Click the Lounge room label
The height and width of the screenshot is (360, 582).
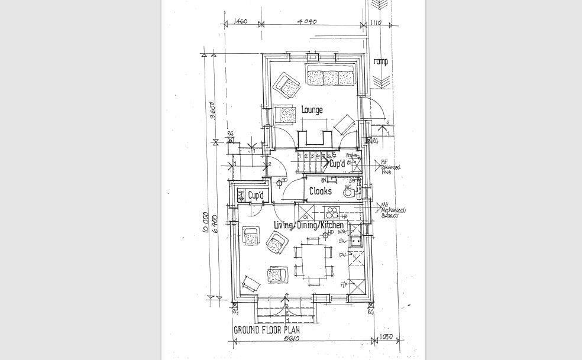click(x=312, y=110)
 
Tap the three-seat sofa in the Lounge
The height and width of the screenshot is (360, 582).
click(x=330, y=77)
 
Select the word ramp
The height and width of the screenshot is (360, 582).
click(x=381, y=61)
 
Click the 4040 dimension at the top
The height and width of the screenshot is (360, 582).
click(x=308, y=22)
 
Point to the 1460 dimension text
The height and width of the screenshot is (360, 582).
click(x=240, y=22)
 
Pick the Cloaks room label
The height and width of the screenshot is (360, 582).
click(x=320, y=192)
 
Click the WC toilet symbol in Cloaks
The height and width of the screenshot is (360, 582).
click(x=350, y=190)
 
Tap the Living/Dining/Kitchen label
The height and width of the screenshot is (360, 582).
click(x=308, y=225)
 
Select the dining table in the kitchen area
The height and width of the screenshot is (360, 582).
click(x=313, y=260)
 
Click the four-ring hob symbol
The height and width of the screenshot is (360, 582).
click(x=333, y=212)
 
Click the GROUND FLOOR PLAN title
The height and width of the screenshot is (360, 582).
click(x=267, y=330)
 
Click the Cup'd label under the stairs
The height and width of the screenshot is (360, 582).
click(x=337, y=164)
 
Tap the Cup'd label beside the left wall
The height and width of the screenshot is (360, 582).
click(x=256, y=196)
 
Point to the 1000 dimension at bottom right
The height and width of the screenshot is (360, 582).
click(x=386, y=337)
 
